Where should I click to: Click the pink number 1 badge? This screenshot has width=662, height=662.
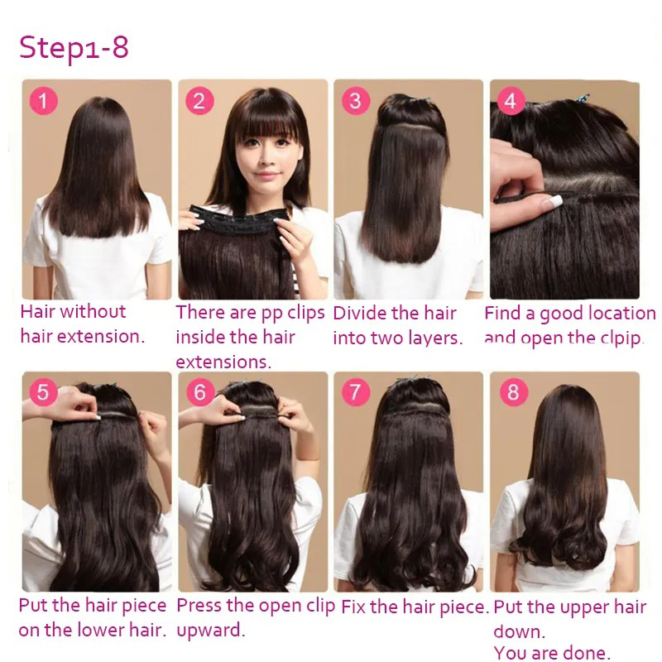[43, 101]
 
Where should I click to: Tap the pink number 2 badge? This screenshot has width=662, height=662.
[199, 101]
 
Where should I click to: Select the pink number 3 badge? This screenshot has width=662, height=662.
[356, 101]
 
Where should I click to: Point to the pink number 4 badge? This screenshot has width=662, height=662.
[511, 101]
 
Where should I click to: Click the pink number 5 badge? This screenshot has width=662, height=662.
[43, 391]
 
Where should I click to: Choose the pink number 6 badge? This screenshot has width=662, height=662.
[199, 391]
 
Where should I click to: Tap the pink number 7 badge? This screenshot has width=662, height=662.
[356, 391]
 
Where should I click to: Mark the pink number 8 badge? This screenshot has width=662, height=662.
[513, 391]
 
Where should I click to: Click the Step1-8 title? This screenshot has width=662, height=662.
[74, 47]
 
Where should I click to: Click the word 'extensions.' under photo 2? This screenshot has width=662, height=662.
[223, 362]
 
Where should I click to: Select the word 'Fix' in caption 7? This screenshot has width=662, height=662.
[353, 607]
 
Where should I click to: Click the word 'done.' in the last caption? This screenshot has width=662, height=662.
[586, 653]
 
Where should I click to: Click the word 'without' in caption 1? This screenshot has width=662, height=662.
[93, 312]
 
